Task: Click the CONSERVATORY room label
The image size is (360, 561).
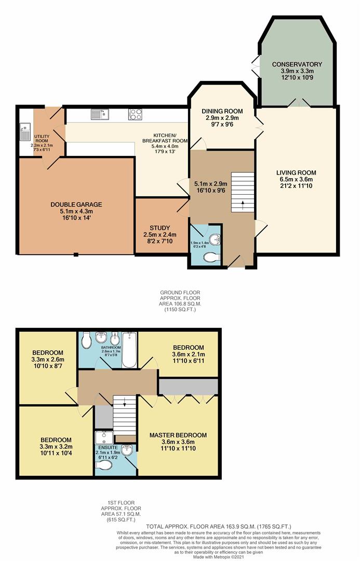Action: click(x=297, y=64)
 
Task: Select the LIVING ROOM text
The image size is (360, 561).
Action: click(x=296, y=173)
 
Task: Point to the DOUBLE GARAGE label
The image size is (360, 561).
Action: click(x=76, y=204)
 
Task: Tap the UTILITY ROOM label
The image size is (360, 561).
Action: click(x=42, y=137)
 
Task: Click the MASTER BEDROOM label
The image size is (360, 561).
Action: click(x=178, y=435)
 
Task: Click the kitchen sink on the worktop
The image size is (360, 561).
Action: click(x=98, y=114)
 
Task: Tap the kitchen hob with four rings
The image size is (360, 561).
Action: click(x=136, y=114)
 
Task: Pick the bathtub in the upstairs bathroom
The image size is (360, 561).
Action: click(x=128, y=350)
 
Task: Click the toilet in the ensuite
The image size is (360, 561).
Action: click(x=104, y=466)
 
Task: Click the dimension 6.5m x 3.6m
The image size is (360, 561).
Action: click(x=296, y=180)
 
